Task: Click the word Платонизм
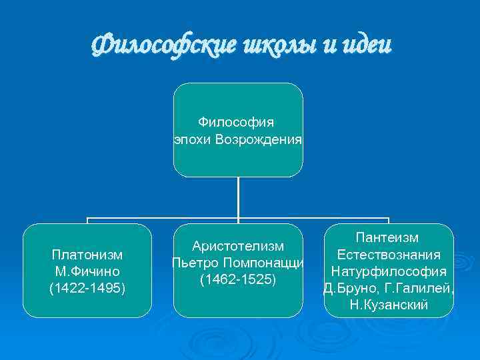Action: (87, 255)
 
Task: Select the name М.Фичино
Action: (87, 271)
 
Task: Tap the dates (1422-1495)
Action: (87, 288)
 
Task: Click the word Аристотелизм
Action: (238, 247)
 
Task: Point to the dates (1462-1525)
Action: (238, 279)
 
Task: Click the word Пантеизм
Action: (388, 238)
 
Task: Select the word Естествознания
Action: (388, 255)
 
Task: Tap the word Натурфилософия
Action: (388, 271)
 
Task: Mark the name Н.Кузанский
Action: (388, 305)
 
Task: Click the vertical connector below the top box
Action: (238, 197)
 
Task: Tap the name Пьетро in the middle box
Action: (193, 263)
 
